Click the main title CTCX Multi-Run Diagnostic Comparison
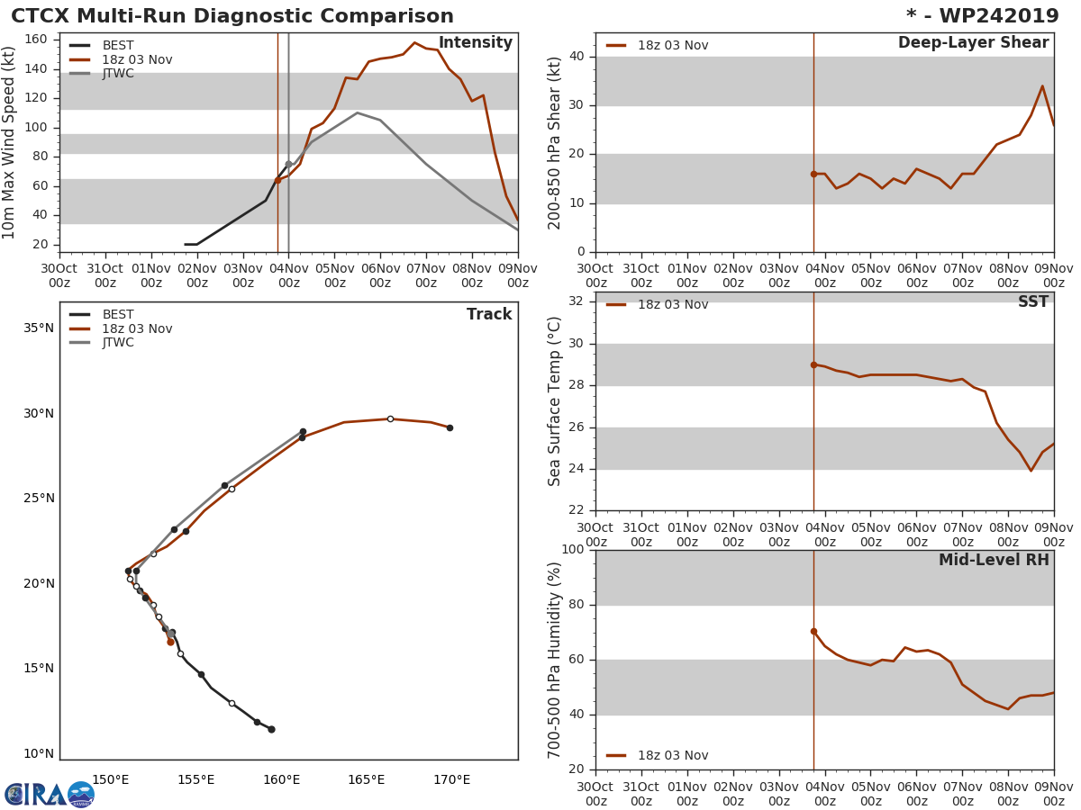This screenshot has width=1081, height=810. click(232, 16)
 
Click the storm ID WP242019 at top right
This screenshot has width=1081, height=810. click(983, 16)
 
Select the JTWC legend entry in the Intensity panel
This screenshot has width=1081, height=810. click(118, 74)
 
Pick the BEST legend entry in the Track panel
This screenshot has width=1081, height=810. click(118, 315)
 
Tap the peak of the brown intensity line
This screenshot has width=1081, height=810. click(414, 42)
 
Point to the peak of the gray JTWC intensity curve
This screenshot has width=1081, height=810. click(357, 112)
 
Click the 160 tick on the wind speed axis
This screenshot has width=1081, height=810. click(40, 40)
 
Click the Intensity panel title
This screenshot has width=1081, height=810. click(475, 43)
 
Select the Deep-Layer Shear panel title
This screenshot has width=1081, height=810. click(973, 43)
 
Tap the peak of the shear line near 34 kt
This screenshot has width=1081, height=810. click(1042, 86)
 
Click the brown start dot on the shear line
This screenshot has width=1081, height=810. click(813, 174)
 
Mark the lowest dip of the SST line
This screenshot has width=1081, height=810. click(1031, 471)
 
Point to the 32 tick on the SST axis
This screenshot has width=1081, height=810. click(576, 301)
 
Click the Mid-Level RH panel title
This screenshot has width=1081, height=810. click(994, 561)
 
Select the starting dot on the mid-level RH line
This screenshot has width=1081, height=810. click(813, 631)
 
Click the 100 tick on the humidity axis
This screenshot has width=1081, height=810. click(572, 550)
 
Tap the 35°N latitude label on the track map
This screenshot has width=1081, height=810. click(39, 328)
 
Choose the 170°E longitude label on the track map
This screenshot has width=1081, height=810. click(451, 780)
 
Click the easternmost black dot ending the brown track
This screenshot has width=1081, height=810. click(450, 427)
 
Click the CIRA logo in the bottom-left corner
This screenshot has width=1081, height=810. click(50, 795)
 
